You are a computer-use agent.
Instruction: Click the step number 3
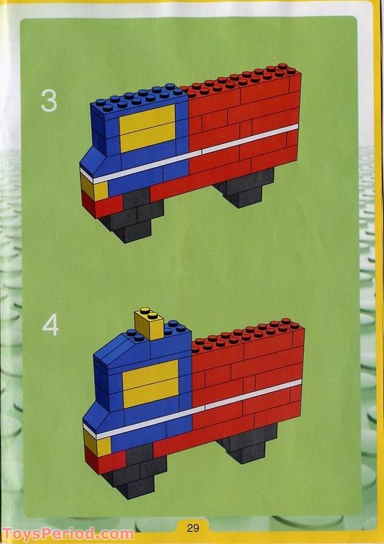pyautogui.click(x=49, y=100)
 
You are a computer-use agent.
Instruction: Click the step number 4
pyautogui.click(x=50, y=324)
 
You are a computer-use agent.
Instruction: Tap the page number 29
pyautogui.click(x=192, y=527)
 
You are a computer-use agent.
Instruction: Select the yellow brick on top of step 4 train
pyautogui.click(x=149, y=324)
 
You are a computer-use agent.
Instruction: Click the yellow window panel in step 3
pyautogui.click(x=147, y=128)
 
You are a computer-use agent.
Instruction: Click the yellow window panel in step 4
pyautogui.click(x=150, y=384)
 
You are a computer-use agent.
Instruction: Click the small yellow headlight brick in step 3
pyautogui.click(x=94, y=189)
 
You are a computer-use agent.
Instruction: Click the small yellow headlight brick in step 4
pyautogui.click(x=96, y=445)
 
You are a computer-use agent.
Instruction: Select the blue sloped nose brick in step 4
pyautogui.click(x=96, y=416)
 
